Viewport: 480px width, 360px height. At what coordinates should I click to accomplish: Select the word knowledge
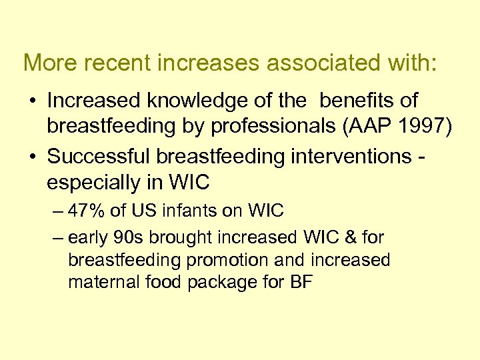coord(193,101)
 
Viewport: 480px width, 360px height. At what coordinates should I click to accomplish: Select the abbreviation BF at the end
coord(302,282)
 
